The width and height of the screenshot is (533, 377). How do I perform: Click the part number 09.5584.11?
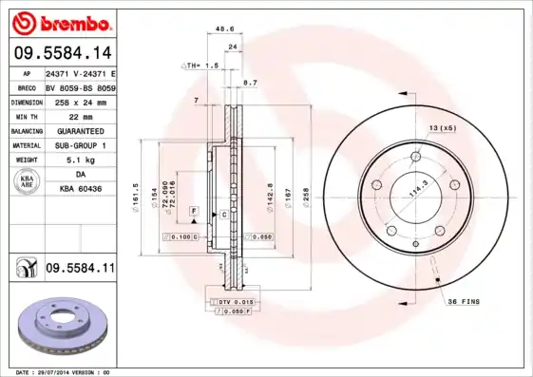pos(80,270)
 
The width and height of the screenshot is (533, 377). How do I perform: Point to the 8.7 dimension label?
pos(251,84)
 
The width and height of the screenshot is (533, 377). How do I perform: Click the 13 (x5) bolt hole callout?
pos(443,127)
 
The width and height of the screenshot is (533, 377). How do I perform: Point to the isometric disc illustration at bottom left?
pos(65,327)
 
